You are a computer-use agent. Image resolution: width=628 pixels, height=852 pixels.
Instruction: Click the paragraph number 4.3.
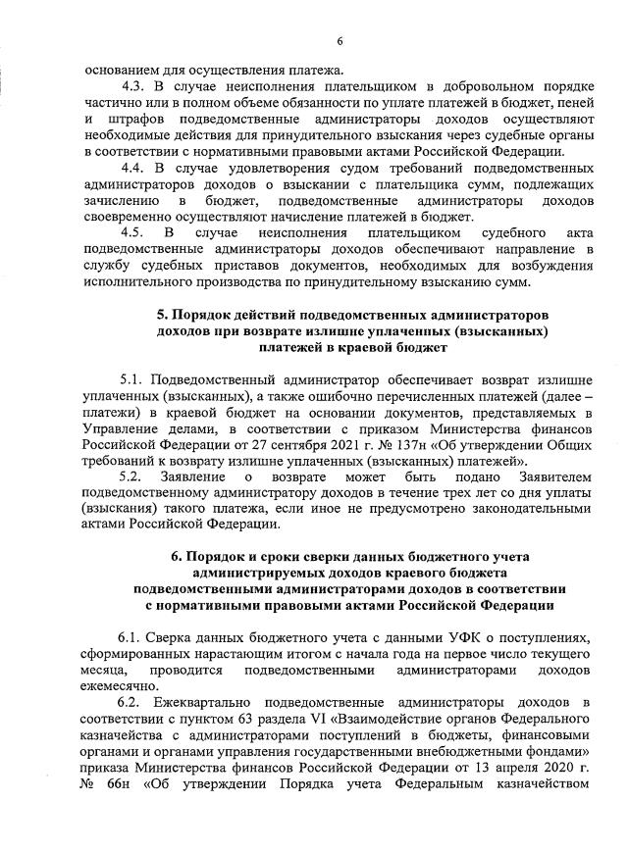pyautogui.click(x=132, y=87)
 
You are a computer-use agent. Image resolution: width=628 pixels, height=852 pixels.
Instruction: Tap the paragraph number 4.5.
pyautogui.click(x=133, y=233)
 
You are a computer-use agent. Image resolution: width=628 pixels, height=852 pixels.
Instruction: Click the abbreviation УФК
pyautogui.click(x=423, y=636)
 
